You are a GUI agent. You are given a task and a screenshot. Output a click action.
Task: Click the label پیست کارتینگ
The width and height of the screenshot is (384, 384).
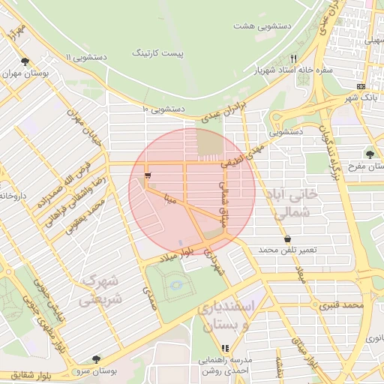[x=158, y=52]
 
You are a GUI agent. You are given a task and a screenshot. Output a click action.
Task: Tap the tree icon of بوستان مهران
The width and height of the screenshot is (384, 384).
[x=25, y=61]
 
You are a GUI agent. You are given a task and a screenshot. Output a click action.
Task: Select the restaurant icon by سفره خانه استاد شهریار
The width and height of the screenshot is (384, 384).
[x=294, y=58]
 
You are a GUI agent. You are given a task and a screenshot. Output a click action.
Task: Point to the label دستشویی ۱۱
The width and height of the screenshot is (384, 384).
[x=87, y=57]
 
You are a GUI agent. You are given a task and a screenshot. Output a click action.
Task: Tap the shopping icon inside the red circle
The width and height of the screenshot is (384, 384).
[x=147, y=175]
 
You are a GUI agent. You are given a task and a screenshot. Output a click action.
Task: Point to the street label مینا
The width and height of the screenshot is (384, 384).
[x=170, y=199]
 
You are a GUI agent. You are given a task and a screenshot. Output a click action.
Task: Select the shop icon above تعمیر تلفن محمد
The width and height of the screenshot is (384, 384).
[x=288, y=238]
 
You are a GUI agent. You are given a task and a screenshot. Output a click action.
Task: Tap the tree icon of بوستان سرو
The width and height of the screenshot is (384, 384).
[x=94, y=359]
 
